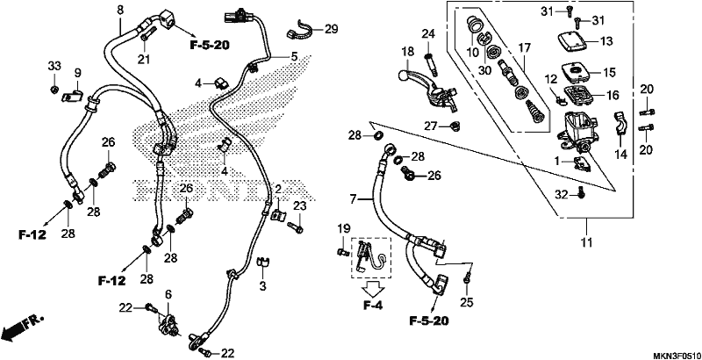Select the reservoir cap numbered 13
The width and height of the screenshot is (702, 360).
tap(573, 41)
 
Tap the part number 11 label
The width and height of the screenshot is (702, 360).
tap(586, 242)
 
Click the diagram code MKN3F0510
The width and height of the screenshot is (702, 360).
tap(676, 353)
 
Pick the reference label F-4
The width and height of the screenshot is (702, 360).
tap(372, 306)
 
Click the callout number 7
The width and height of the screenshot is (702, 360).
tap(353, 198)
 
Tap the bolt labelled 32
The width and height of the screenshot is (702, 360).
tap(580, 192)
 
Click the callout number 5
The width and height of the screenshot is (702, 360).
tap(294, 57)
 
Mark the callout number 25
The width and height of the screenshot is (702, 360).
tap(466, 303)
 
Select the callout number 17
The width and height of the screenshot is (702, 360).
tap(524, 47)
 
